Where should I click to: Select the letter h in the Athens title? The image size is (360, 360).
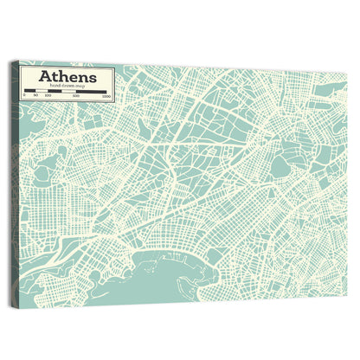coord(59,75)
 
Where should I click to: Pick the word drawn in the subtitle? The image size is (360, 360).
coord(66,86)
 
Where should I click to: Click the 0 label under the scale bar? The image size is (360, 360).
coord(23,94)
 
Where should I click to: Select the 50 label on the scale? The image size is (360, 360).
coord(36,95)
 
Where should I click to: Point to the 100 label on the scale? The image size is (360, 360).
coord(48,95)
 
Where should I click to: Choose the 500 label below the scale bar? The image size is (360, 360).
coord(77,96)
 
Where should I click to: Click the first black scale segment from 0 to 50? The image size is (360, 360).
coord(29,90)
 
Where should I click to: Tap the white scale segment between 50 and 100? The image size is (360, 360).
coord(42,90)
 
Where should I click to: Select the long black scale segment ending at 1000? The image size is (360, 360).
coord(92,92)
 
